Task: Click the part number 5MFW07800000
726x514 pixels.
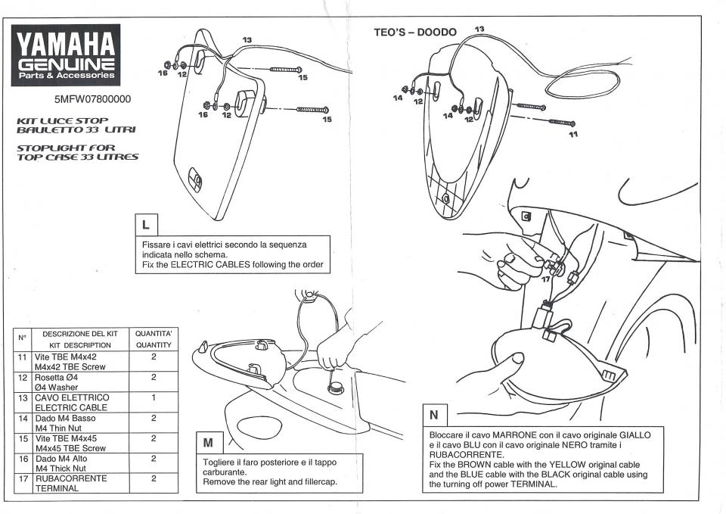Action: click(x=92, y=99)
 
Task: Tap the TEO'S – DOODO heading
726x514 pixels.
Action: click(x=415, y=33)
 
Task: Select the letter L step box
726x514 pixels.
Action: click(x=145, y=224)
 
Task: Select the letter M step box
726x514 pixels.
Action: click(x=208, y=441)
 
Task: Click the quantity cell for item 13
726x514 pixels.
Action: click(x=154, y=397)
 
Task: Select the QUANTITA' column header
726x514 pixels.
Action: click(x=154, y=333)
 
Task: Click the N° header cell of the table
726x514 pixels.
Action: click(x=22, y=338)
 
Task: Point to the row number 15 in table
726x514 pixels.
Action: click(x=22, y=438)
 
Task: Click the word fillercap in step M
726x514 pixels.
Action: click(x=315, y=482)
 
